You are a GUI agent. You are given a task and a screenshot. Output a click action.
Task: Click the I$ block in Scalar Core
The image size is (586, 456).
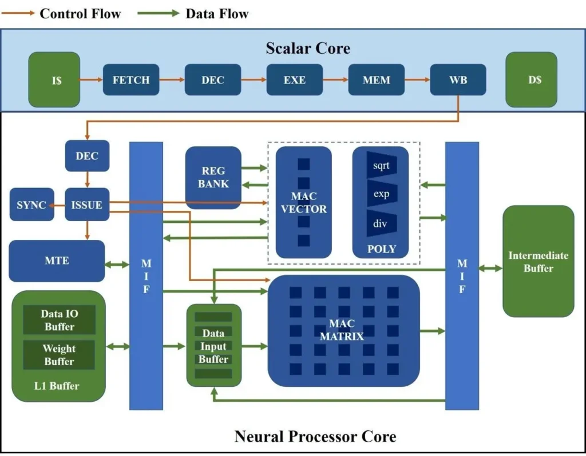[54, 80]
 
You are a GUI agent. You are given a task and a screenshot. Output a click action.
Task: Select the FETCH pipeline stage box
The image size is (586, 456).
[131, 80]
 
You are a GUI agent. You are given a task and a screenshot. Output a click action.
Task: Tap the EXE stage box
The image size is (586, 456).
[295, 80]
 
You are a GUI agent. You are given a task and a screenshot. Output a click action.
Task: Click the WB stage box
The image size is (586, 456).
[458, 80]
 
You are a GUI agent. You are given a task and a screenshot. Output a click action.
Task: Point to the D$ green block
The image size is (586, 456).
[531, 80]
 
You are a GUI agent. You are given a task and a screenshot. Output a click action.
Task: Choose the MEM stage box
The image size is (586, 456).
[377, 80]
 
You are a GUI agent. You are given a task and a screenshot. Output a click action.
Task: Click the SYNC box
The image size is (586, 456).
[31, 205]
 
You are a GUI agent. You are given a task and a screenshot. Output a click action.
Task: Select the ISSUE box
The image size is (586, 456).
[87, 205]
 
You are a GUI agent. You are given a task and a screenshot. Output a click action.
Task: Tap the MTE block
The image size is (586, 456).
[57, 261]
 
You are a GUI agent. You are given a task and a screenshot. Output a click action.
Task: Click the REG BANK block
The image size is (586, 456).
[213, 177]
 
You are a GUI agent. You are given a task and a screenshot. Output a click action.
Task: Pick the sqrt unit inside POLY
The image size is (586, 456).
[381, 166]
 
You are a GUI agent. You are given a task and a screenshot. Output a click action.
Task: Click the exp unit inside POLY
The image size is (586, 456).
[381, 194]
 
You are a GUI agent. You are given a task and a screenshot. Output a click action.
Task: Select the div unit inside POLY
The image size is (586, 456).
[381, 223]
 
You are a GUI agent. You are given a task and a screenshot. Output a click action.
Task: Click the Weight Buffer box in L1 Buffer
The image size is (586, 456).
[59, 355]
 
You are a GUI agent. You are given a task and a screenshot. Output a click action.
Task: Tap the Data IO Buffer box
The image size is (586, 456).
[59, 320]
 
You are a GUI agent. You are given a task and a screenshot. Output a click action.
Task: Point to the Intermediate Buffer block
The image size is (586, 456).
[538, 261]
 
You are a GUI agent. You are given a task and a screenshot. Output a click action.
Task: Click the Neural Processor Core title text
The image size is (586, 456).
[315, 437]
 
